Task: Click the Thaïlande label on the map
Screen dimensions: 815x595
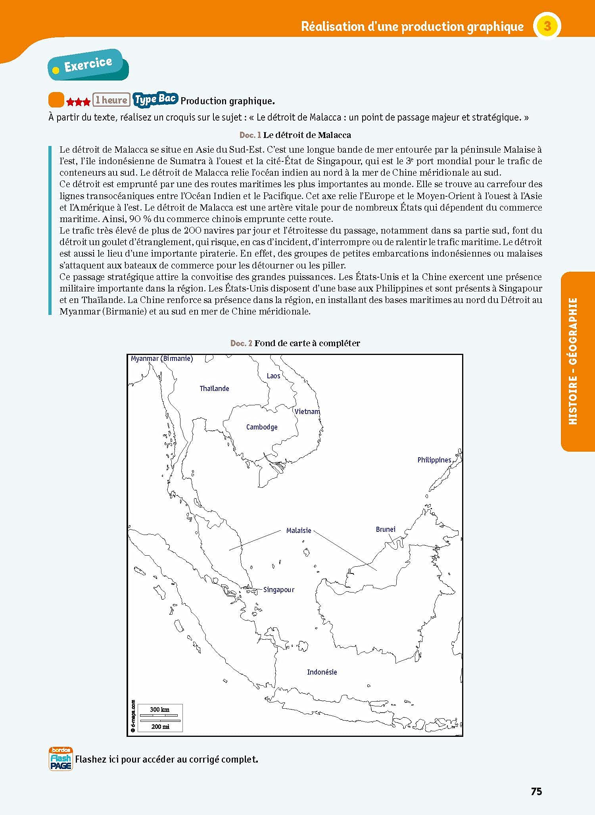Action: pyautogui.click(x=214, y=389)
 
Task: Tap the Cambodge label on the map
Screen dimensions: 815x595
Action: pyautogui.click(x=262, y=427)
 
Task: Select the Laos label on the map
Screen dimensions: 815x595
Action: pyautogui.click(x=273, y=376)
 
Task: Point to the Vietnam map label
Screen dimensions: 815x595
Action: pyautogui.click(x=307, y=412)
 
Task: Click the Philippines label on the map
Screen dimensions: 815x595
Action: pyautogui.click(x=434, y=460)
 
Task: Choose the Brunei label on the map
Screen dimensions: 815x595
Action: pyautogui.click(x=386, y=529)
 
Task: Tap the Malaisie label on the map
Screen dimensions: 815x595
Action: pyautogui.click(x=299, y=531)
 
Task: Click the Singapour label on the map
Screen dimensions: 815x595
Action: pyautogui.click(x=279, y=590)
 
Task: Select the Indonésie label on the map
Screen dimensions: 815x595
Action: pyautogui.click(x=322, y=672)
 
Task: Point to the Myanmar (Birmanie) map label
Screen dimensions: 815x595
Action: pyautogui.click(x=162, y=359)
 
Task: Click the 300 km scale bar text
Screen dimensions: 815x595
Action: pyautogui.click(x=159, y=710)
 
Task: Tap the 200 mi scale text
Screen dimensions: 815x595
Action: pyautogui.click(x=160, y=726)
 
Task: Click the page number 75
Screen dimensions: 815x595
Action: pyautogui.click(x=536, y=791)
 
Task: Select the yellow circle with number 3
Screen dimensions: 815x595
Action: pyautogui.click(x=547, y=26)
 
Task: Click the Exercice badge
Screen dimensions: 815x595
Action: pyautogui.click(x=88, y=65)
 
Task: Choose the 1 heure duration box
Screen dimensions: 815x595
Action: pyautogui.click(x=111, y=100)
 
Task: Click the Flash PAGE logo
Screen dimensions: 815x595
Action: pyautogui.click(x=61, y=759)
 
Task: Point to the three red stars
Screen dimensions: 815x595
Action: pyautogui.click(x=78, y=102)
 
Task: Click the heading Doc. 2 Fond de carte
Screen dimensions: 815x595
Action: pyautogui.click(x=295, y=343)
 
